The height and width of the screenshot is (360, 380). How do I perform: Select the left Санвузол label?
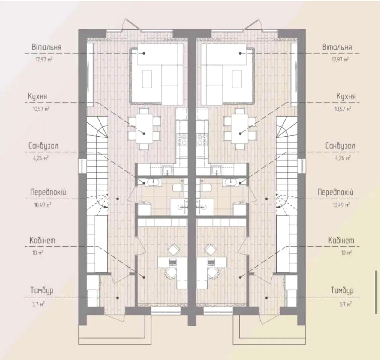point(43,146)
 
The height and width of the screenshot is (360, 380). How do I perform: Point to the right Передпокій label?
point(335,193)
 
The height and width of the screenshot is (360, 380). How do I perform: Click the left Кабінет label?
point(42,241)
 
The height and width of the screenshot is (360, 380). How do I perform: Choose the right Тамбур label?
point(342,291)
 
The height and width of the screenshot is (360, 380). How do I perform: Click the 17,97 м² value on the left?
point(44,59)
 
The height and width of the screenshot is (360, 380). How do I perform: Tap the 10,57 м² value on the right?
point(343,109)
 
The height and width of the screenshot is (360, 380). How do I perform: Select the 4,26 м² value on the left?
point(41,158)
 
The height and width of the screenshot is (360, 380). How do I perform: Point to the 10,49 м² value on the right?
point(341,205)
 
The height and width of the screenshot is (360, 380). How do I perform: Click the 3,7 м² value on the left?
point(38,304)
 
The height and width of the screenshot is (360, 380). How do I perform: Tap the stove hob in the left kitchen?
point(182,139)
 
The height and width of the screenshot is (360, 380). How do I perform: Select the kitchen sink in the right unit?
point(217,169)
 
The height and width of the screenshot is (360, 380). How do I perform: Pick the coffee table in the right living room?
point(237,79)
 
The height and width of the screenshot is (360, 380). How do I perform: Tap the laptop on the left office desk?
point(172,262)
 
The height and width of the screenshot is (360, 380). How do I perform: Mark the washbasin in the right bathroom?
point(230,182)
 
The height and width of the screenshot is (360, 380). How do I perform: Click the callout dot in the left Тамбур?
point(118,298)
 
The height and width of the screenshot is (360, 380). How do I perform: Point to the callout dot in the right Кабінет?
point(240,277)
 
